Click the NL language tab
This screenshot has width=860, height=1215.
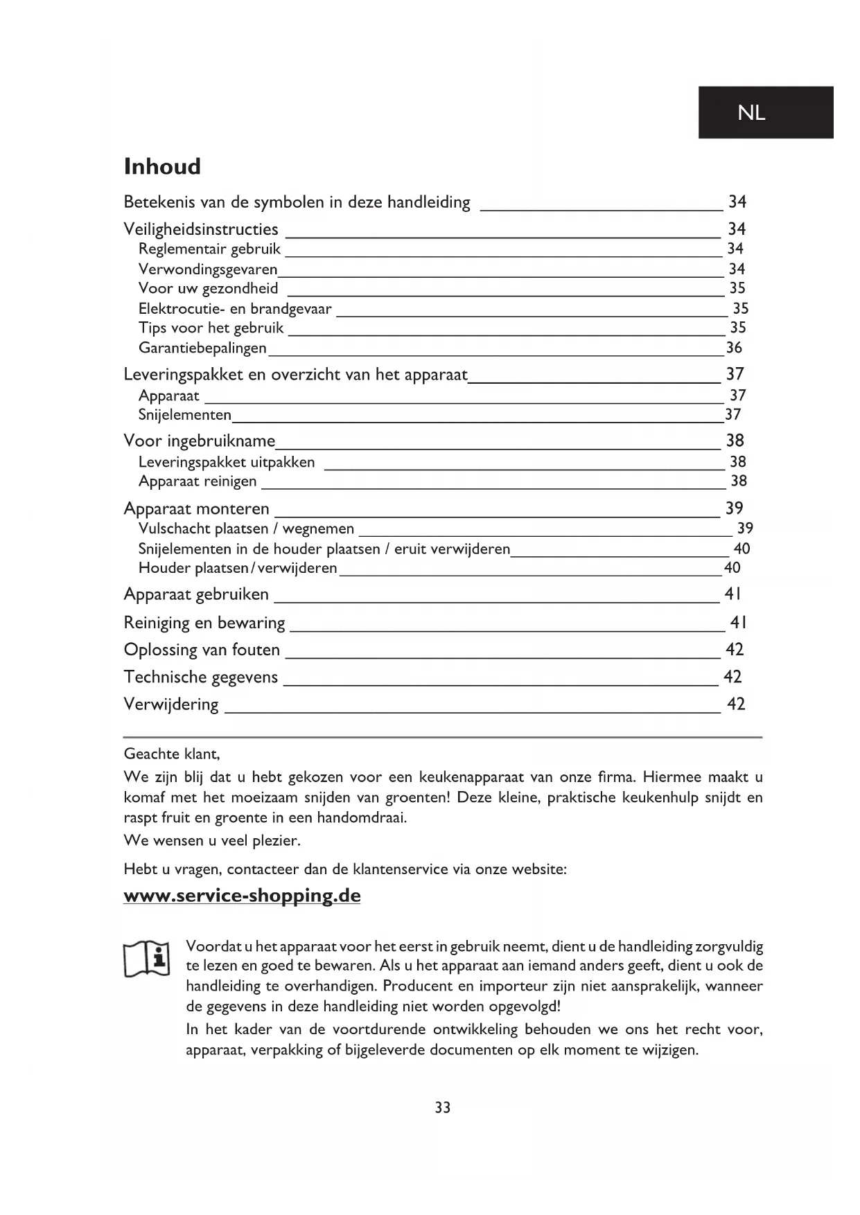[x=765, y=112]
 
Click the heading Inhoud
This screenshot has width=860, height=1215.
[x=162, y=167]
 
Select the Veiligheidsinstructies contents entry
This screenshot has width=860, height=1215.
[x=201, y=229]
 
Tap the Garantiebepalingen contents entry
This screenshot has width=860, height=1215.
[x=202, y=348]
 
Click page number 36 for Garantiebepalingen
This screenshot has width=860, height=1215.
[x=734, y=348]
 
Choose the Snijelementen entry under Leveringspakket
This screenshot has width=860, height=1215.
[x=185, y=415]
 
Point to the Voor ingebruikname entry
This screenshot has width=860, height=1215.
[x=200, y=441]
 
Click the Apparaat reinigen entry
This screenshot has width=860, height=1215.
[x=198, y=481]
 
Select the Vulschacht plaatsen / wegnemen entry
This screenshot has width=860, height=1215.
[x=246, y=529]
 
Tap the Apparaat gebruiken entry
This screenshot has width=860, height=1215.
[x=196, y=594]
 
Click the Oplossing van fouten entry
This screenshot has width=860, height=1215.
[x=202, y=650]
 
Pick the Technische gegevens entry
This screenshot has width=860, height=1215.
[x=200, y=677]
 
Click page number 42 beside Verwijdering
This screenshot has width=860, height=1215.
[x=735, y=704]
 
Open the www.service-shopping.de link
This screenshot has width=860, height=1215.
[x=242, y=896]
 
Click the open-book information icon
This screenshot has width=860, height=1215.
[x=147, y=959]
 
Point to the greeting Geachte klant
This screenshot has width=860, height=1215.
[x=171, y=754]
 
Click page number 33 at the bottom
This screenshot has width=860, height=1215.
[x=443, y=1108]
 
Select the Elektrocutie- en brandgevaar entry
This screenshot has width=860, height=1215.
[x=235, y=309]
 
